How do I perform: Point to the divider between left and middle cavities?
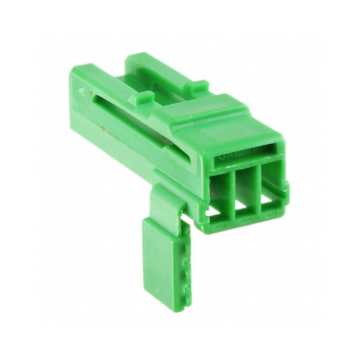click(x=233, y=193)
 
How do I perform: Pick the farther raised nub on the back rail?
click(x=198, y=85)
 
